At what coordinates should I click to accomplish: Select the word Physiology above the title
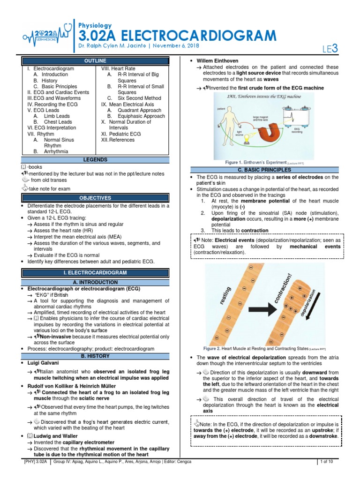pyautogui.click(x=95, y=26)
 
